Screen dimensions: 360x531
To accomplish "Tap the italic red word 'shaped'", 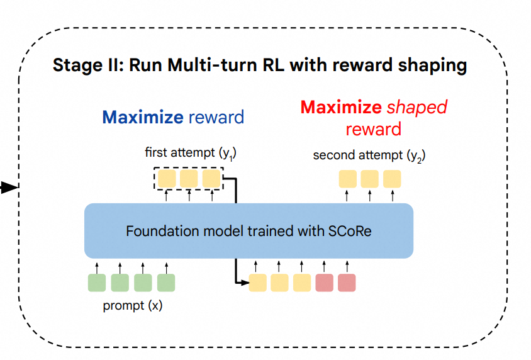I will click(416, 107).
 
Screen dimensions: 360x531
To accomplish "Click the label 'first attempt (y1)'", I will click(190, 153).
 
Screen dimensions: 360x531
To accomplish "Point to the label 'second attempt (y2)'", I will click(369, 155).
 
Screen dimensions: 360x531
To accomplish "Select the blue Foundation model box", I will click(249, 230).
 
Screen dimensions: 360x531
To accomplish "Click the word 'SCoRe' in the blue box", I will click(349, 230).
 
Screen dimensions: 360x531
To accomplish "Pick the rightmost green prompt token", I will click(165, 283).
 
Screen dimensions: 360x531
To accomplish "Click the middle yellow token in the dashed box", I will click(189, 179).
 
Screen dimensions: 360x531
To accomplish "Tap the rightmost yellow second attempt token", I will click(392, 179).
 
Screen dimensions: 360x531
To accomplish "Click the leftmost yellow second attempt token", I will click(347, 179).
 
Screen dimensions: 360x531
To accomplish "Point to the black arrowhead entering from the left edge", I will click(8, 188).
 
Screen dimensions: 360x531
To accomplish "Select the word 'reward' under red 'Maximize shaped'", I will click(373, 129).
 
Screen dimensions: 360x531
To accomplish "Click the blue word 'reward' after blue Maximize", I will click(216, 117).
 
